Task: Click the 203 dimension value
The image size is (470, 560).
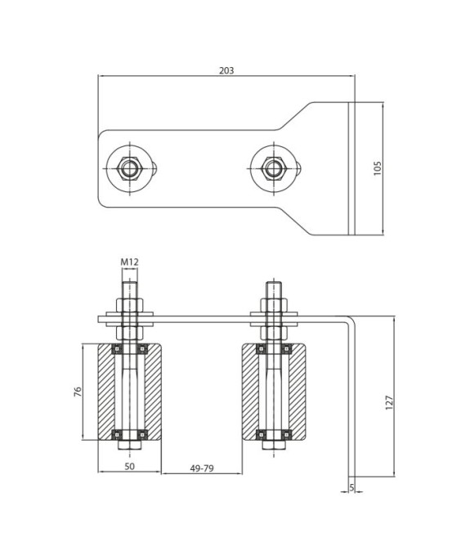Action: [226, 70]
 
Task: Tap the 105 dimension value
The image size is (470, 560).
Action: [378, 168]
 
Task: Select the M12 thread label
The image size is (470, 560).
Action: [129, 262]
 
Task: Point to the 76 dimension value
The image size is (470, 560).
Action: [78, 392]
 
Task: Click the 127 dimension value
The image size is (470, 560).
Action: [389, 402]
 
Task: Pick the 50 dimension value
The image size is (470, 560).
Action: [130, 466]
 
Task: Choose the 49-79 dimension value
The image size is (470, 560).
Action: [202, 468]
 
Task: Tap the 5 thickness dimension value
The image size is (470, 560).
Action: [351, 487]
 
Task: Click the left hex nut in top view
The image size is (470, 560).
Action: [130, 168]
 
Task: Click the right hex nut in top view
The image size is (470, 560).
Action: [274, 168]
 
